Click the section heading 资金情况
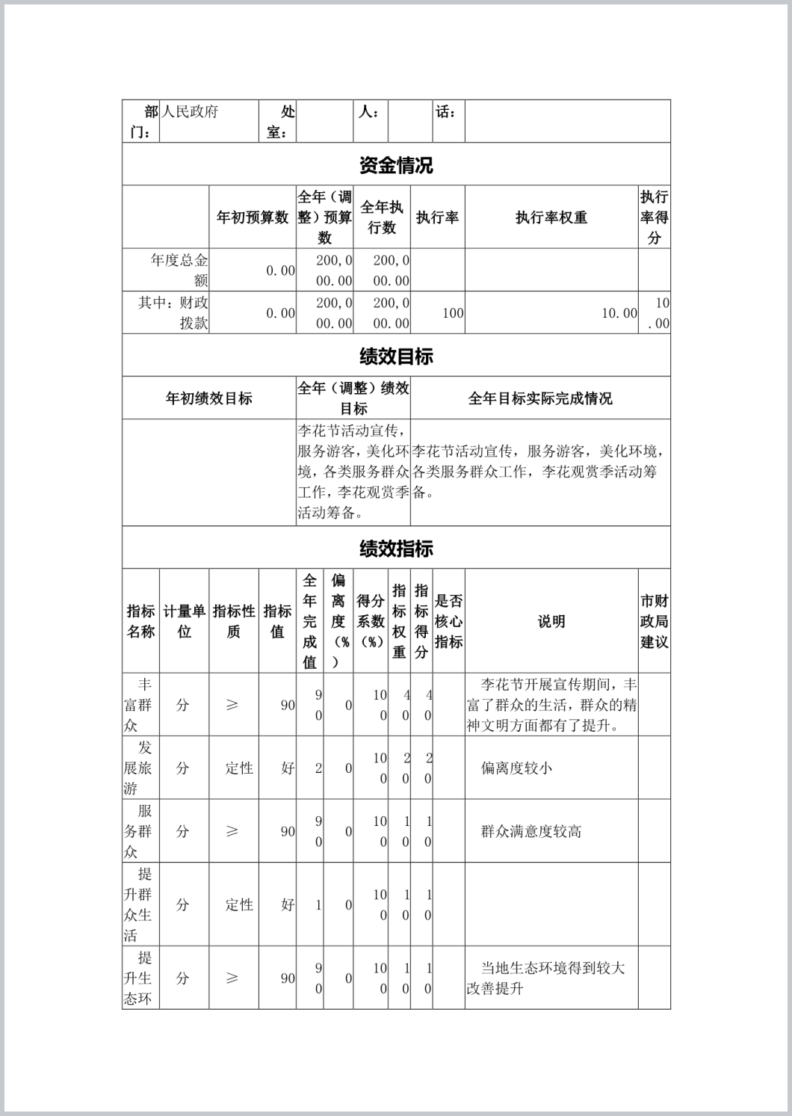[395, 165]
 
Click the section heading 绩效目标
[395, 357]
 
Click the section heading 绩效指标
[395, 549]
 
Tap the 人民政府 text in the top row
[191, 112]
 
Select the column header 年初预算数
[252, 218]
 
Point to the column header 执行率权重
[551, 218]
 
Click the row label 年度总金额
[179, 271]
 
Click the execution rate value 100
[453, 313]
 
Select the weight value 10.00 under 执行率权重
[619, 313]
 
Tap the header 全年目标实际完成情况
[539, 398]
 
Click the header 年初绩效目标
[208, 398]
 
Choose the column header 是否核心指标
[448, 621]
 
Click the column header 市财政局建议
[654, 621]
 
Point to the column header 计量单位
[184, 621]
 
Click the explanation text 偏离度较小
[516, 768]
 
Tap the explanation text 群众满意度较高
[530, 831]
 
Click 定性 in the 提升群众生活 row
[239, 904]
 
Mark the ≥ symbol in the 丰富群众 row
[232, 705]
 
